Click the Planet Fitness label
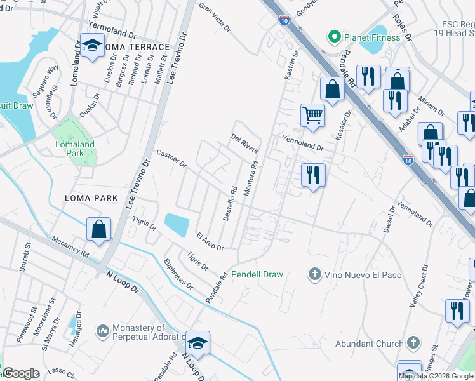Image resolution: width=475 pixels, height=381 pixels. pyautogui.click(x=372, y=37)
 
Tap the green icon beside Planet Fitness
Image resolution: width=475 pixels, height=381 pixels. pyautogui.click(x=332, y=37)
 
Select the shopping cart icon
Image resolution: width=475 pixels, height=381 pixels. pyautogui.click(x=312, y=115)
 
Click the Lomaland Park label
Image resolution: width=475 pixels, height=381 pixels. pyautogui.click(x=75, y=149)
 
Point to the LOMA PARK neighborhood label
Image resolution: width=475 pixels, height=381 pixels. pyautogui.click(x=91, y=198)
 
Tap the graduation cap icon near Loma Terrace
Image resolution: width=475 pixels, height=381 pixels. pyautogui.click(x=93, y=46)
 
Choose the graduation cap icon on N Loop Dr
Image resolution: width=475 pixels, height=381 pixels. pyautogui.click(x=197, y=344)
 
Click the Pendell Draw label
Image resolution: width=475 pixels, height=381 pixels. pyautogui.click(x=257, y=274)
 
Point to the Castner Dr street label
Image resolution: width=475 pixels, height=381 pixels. pyautogui.click(x=171, y=159)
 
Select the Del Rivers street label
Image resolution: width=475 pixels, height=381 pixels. pyautogui.click(x=244, y=144)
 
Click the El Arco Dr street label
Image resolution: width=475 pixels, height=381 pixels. pyautogui.click(x=210, y=241)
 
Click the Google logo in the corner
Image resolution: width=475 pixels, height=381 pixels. pyautogui.click(x=20, y=373)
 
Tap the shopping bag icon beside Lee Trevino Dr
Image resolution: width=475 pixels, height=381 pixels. pyautogui.click(x=99, y=229)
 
